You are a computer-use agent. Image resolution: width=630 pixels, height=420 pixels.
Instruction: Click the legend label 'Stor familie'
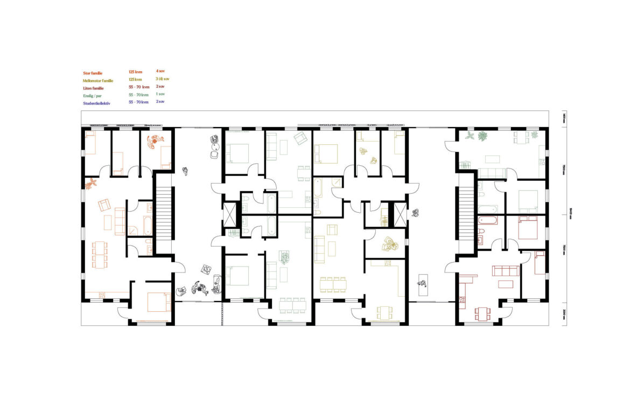(93, 72)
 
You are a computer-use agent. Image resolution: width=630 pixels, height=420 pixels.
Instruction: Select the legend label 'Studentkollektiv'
(96, 102)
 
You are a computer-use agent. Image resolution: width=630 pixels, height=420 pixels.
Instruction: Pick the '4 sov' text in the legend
(160, 71)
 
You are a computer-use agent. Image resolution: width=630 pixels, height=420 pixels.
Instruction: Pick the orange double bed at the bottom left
(158, 302)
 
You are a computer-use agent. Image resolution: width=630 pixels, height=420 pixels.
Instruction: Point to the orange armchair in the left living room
(104, 205)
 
